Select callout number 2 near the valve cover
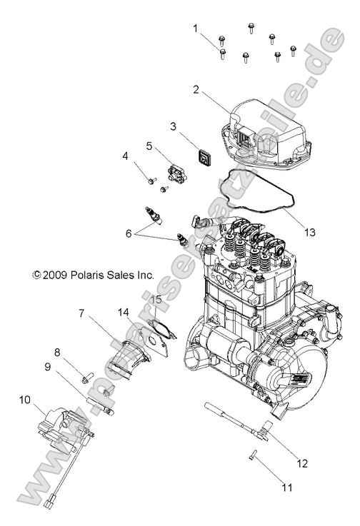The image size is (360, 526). pyautogui.click(x=196, y=90)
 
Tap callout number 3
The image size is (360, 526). pyautogui.click(x=174, y=126)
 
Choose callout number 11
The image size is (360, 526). pyautogui.click(x=286, y=488)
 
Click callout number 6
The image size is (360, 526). pyautogui.click(x=129, y=233)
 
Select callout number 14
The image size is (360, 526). pyautogui.click(x=124, y=312)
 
